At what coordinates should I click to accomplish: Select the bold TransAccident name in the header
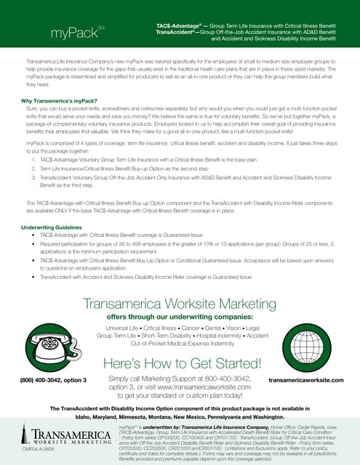point(180,33)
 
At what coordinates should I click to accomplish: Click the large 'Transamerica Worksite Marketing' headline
point(180,304)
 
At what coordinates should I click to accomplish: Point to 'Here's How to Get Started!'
point(180,364)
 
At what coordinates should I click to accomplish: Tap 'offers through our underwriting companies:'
point(180,318)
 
